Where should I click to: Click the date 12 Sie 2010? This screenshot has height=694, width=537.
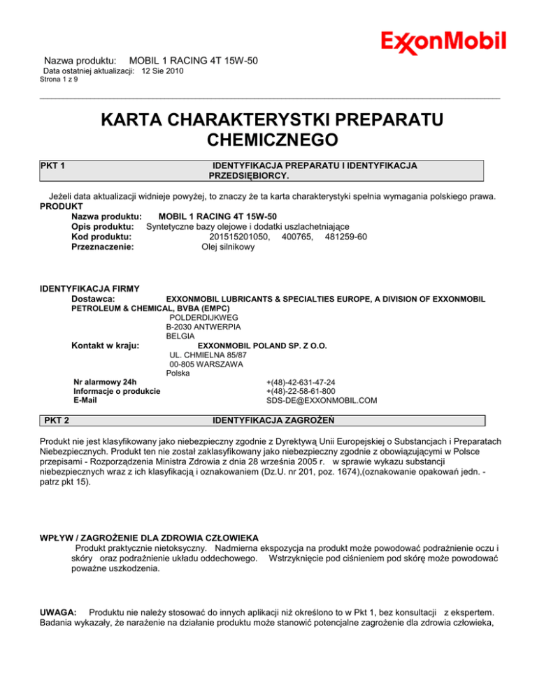(x=163, y=71)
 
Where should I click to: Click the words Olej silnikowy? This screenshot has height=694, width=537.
(x=227, y=246)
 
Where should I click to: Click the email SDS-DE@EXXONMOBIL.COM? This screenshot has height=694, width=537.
(x=322, y=401)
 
